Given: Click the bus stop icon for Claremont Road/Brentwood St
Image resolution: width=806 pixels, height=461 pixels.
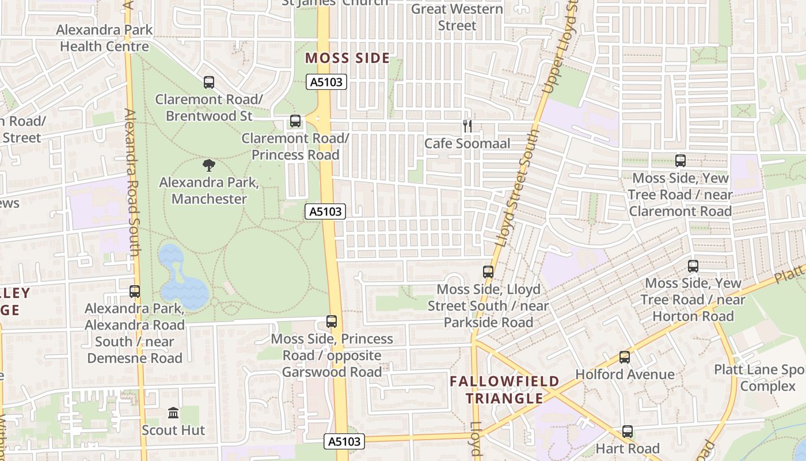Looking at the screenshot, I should (209, 82).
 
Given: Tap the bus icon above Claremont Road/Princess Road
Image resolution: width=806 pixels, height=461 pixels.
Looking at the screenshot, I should (295, 121).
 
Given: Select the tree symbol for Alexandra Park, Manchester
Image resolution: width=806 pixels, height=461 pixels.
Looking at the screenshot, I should (209, 166).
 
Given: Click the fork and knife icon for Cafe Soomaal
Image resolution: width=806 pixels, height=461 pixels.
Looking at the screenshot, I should (467, 126).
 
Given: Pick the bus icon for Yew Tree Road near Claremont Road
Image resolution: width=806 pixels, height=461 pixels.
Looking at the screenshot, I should (680, 161).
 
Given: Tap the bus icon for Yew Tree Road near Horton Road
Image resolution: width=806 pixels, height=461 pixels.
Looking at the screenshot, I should (693, 266).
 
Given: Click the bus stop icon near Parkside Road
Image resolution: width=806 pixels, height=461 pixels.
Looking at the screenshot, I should (488, 272).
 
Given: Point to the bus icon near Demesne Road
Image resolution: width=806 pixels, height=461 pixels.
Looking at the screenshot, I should (135, 292).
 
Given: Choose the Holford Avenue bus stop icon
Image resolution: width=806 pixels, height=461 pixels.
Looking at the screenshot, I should (625, 357).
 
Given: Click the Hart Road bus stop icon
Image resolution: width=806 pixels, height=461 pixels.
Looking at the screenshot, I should (628, 432).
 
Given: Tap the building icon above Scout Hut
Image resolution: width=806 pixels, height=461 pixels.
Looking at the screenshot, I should (173, 413).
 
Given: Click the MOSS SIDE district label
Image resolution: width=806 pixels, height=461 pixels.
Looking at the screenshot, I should (348, 58).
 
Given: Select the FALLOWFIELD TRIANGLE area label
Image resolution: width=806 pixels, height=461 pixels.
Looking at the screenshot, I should (504, 390).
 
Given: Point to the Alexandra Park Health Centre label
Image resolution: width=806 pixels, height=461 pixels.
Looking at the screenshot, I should (104, 38).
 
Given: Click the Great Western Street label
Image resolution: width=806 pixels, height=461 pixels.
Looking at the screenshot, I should (457, 17).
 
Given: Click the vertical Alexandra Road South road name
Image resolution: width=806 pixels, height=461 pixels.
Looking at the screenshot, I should (132, 183).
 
